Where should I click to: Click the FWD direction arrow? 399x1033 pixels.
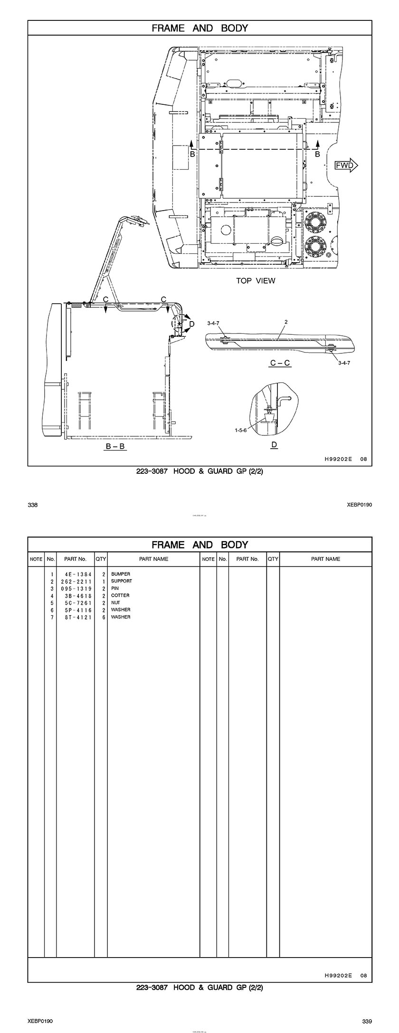coord(346,165)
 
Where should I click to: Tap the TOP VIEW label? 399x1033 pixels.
coord(256,280)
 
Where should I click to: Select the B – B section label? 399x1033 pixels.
coord(115,446)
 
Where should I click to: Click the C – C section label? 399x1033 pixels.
coord(280,363)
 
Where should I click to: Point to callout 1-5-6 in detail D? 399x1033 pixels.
coord(240,430)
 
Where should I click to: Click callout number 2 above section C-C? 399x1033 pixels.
coord(286,322)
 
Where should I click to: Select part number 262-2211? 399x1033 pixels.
coord(76,581)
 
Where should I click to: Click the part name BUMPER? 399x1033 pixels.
coord(121,574)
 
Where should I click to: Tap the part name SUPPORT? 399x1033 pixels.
coord(122,581)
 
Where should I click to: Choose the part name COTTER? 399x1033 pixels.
coord(120,595)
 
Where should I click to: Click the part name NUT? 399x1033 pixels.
coord(115,603)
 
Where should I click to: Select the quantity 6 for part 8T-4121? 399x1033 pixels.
coord(104,617)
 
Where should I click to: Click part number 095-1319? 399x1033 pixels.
coord(76,589)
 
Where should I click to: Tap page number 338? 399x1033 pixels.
coord(33,505)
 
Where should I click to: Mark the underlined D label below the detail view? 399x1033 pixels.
coord(274,445)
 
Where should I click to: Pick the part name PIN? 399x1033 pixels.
coord(115,588)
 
